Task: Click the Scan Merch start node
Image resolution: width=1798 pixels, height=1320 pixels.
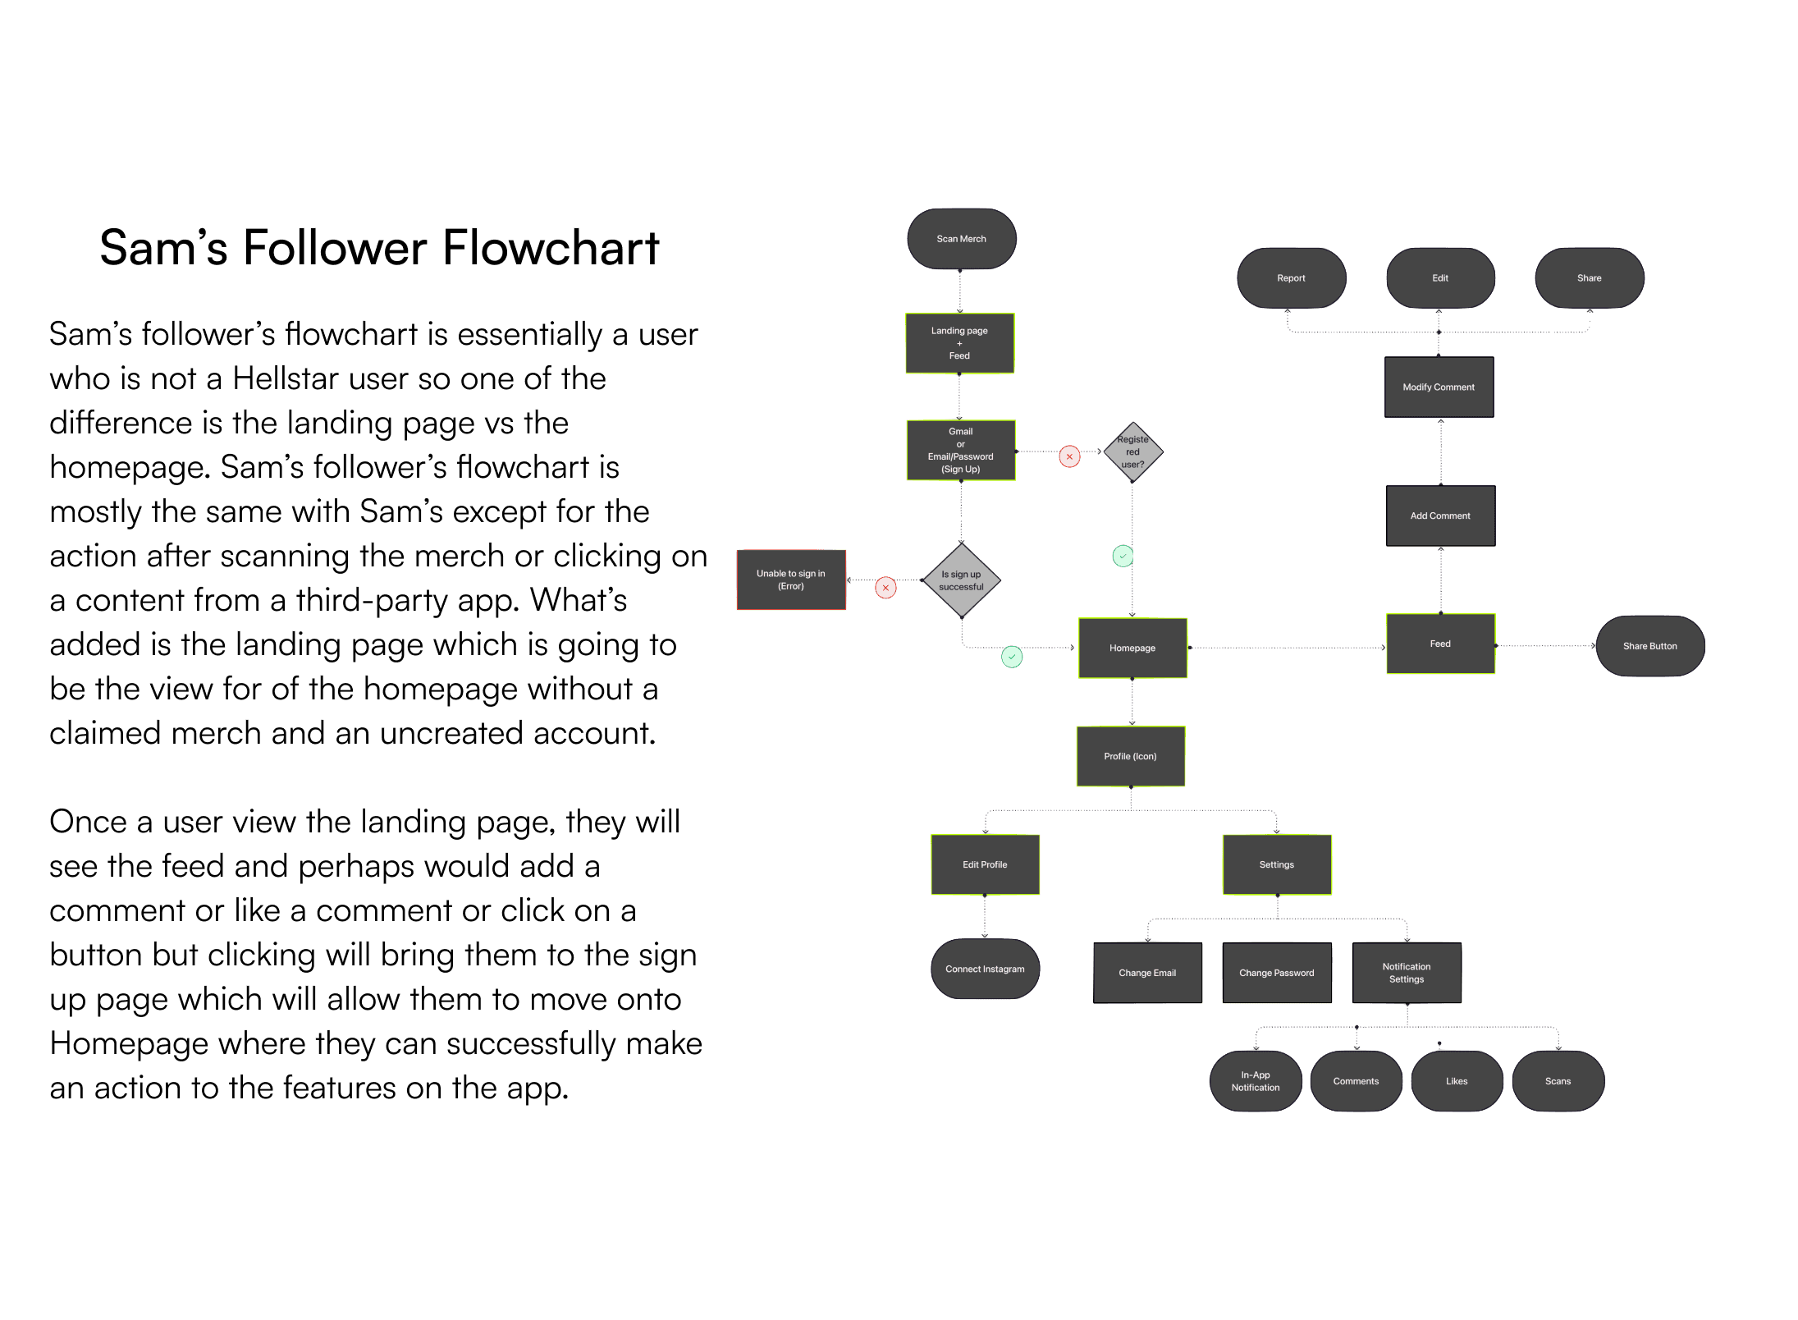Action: pos(961,239)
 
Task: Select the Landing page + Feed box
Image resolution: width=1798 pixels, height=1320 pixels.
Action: pos(959,343)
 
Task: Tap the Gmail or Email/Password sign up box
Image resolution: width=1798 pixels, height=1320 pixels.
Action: pos(960,450)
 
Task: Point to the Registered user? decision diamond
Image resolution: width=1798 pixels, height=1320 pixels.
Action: pos(1132,451)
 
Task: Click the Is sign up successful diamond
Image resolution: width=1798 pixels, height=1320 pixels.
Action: pos(961,580)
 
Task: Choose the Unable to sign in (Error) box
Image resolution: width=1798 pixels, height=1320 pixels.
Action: pos(791,580)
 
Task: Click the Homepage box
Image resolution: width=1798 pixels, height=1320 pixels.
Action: pos(1132,648)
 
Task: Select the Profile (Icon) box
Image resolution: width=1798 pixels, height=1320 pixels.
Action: pos(1130,756)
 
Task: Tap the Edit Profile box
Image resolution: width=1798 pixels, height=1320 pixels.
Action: pos(985,864)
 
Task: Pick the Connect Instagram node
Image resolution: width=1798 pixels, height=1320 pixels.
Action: pos(985,969)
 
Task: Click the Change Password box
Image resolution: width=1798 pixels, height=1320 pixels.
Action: pos(1276,973)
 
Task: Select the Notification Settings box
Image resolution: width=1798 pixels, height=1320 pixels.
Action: pos(1407,973)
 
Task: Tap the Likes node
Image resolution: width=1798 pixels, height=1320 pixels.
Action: pos(1457,1081)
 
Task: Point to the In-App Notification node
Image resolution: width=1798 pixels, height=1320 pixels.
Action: pos(1256,1081)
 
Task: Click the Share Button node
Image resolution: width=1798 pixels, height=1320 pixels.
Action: pos(1649,646)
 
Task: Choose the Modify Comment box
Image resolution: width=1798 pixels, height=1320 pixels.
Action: pos(1439,387)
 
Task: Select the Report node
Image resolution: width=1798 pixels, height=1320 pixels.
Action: pos(1291,278)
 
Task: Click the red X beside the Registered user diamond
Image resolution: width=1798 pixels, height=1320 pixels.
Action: pos(1069,456)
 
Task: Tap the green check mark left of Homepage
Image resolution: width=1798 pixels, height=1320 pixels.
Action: pos(1012,657)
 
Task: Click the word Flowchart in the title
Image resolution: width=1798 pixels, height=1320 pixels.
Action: pos(551,247)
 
